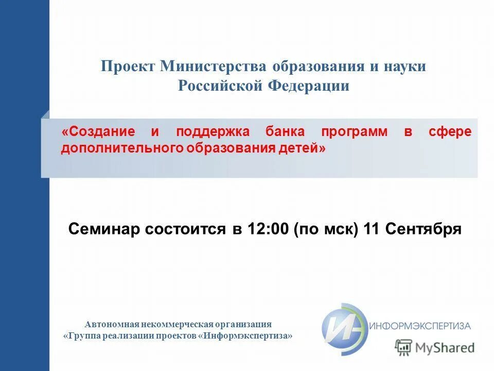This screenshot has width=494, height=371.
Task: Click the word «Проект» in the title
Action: [128, 67]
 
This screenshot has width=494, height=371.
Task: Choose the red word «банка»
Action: [286, 131]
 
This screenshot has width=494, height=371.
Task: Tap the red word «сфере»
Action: [450, 131]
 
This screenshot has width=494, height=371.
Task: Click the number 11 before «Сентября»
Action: [372, 229]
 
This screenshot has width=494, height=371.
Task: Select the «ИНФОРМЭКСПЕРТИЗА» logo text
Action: [420, 326]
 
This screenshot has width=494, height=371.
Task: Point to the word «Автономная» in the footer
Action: [109, 324]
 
